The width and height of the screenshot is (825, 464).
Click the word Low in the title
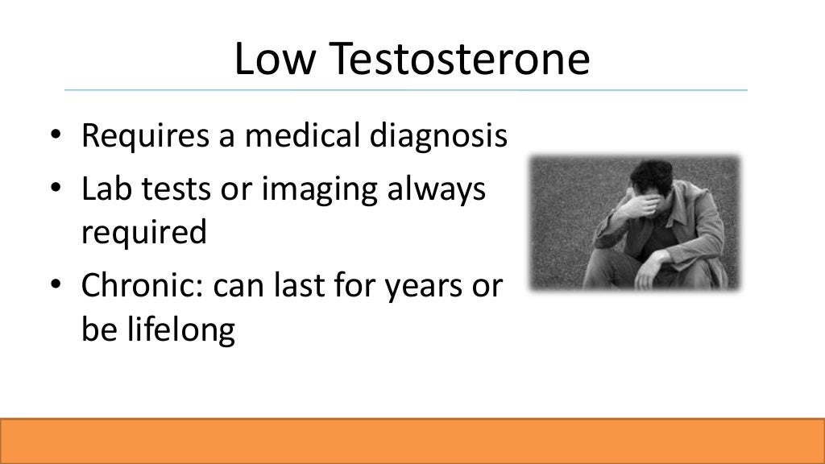[x=275, y=60]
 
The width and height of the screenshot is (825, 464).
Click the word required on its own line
[x=143, y=233]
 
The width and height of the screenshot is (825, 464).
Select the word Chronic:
[x=143, y=286]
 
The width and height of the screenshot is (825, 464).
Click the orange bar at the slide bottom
[x=412, y=441]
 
